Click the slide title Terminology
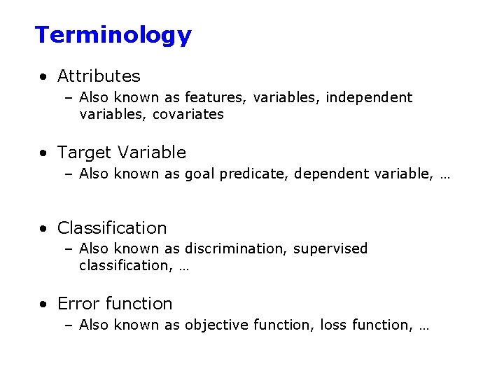coord(113,35)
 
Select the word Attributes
coord(99,76)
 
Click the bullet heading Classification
coord(112,227)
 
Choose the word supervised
coord(330,248)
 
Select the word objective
coord(214,325)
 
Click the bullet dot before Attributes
coord(44,76)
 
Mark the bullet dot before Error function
coord(44,304)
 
